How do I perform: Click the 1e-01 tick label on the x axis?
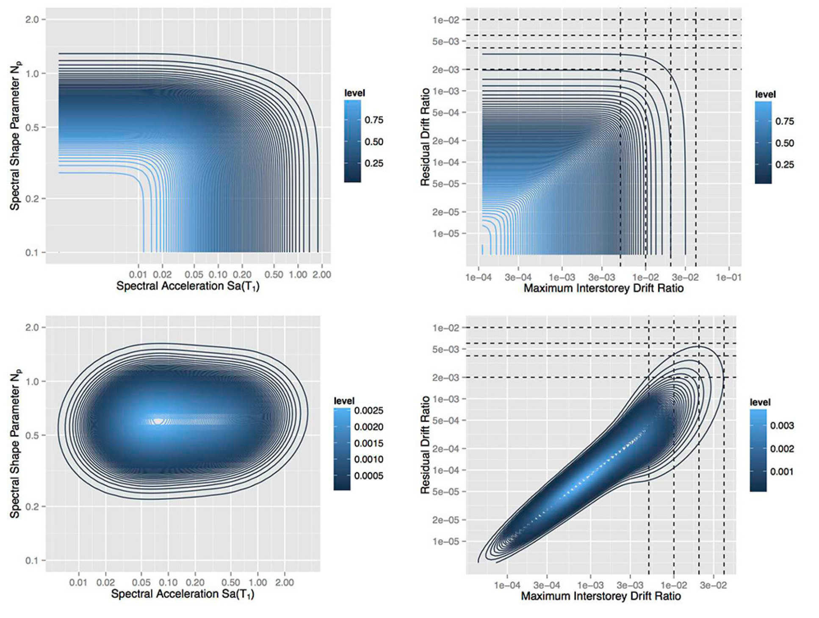tap(728, 277)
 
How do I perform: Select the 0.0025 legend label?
tap(368, 410)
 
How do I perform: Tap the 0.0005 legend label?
tap(368, 476)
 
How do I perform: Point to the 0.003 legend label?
tap(782, 425)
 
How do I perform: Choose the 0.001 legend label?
tap(782, 472)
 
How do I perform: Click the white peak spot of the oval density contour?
tap(158, 421)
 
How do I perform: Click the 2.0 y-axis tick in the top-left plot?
tap(32, 19)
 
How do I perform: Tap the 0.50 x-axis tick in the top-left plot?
tap(274, 274)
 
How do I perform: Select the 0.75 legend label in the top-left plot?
tap(374, 120)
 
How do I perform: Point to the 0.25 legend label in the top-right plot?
tap(784, 165)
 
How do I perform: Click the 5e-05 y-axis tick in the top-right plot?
tap(445, 184)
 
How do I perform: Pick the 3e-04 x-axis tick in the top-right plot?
tap(518, 277)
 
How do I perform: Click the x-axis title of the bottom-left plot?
tap(183, 594)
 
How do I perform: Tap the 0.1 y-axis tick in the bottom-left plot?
tap(32, 560)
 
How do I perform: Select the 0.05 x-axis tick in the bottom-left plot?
tap(141, 582)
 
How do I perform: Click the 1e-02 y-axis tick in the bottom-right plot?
tap(445, 328)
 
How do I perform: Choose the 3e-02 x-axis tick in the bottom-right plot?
tap(713, 585)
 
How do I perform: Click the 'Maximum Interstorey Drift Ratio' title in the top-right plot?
tap(603, 289)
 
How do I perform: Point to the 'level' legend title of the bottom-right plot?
tap(760, 402)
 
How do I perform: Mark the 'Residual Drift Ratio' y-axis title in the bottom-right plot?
tap(425, 445)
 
